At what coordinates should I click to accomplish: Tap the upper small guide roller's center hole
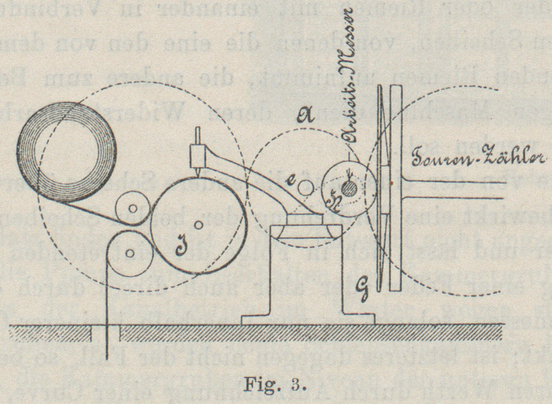coord(133,208)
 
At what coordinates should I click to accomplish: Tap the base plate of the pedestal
coord(308,320)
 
